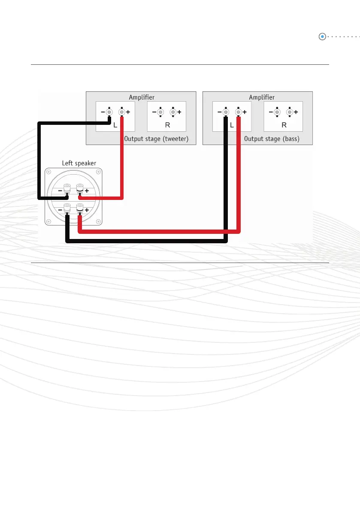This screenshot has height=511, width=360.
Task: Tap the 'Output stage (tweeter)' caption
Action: coord(156,139)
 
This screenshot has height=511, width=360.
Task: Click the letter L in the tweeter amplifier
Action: coord(116,126)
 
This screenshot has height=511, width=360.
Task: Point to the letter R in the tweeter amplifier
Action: coord(167,126)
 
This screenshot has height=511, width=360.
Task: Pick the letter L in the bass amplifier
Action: coord(232,126)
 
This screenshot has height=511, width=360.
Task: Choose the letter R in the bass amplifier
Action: coord(284,126)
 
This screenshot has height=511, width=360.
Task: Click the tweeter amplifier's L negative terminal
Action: coord(109,112)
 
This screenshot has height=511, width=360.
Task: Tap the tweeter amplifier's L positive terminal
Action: coord(122,112)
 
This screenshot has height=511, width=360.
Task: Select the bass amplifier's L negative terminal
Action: coord(226,112)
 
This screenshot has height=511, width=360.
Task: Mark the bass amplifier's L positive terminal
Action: coord(239,112)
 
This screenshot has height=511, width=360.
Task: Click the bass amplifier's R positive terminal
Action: coord(290,112)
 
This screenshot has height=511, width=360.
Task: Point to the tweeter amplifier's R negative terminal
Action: coord(160,112)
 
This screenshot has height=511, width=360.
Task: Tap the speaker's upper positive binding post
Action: coord(79,189)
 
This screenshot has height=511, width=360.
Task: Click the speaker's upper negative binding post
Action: coord(67,189)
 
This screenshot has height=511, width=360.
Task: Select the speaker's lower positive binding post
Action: coord(79,209)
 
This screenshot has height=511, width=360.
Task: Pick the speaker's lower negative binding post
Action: coord(67,209)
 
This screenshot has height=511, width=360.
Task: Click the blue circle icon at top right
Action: coord(322,37)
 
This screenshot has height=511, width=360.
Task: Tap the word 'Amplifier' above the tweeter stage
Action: coord(142,97)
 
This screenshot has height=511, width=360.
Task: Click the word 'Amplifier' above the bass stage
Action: coord(262,97)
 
